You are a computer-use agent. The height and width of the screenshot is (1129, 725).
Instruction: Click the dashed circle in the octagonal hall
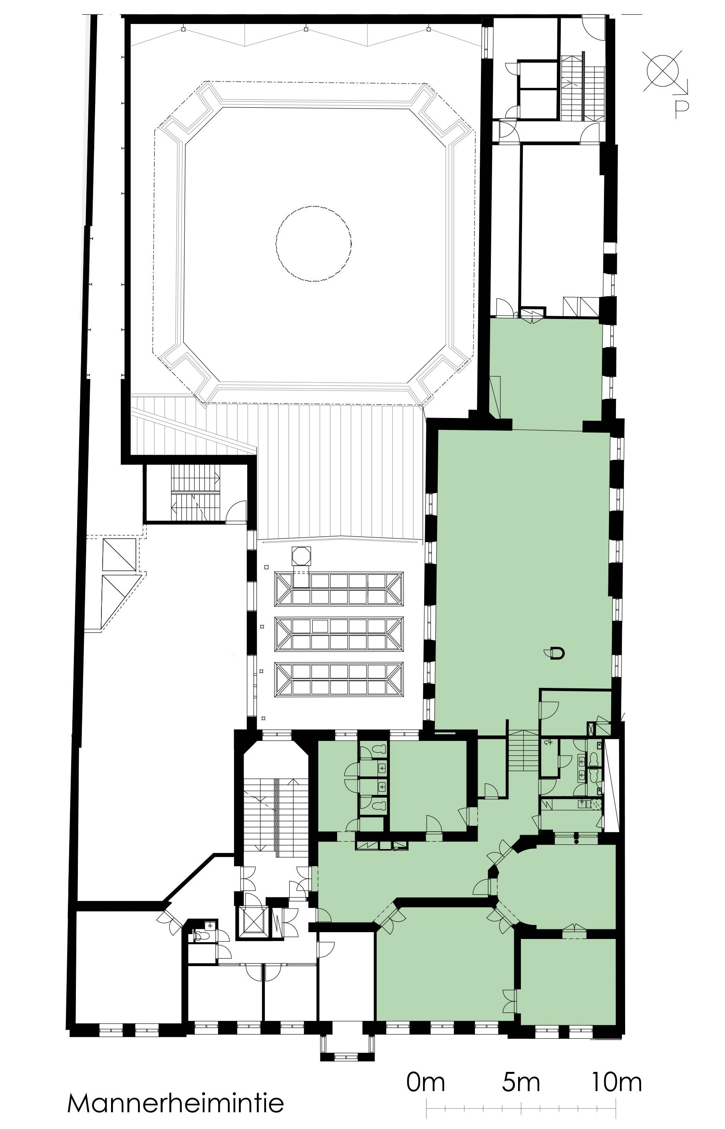[x=314, y=243]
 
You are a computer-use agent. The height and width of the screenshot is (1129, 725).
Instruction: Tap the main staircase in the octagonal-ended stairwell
[x=275, y=814]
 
